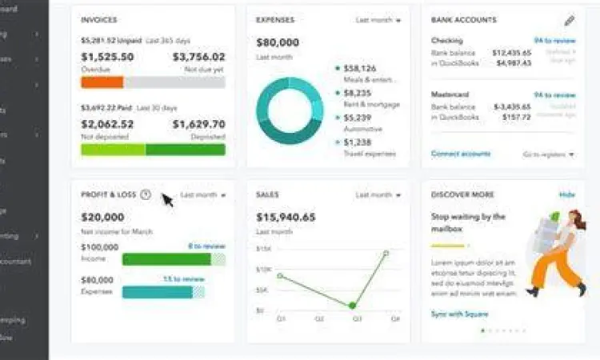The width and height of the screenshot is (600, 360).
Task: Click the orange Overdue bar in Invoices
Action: coord(102,82)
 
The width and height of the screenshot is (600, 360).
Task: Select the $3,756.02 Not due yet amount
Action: coord(198,57)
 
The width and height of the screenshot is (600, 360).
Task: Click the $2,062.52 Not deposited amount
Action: coord(108,124)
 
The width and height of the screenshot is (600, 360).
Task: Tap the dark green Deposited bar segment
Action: coord(185,150)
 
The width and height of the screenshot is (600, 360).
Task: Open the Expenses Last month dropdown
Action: coord(378,20)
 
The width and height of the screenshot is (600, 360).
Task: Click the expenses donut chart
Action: coord(289,110)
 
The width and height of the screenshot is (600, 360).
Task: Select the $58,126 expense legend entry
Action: coord(361,69)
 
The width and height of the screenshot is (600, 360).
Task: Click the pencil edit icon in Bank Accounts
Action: coord(569,21)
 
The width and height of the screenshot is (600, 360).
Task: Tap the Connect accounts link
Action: coord(461,154)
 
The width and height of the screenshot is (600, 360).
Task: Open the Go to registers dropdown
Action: coord(548,154)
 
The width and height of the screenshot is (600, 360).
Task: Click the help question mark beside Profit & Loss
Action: coord(145,194)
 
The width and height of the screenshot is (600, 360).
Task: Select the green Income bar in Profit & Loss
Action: coord(166,259)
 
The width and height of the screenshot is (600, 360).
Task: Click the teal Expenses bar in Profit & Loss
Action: coord(158,292)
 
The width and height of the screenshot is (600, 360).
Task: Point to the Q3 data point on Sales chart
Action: coord(352,306)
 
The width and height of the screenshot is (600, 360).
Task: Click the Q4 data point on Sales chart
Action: coord(386,253)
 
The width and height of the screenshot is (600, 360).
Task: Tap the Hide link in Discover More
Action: coord(566,194)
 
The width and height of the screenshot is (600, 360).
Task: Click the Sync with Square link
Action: coord(460,314)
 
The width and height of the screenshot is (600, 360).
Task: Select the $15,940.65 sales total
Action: coord(286,217)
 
